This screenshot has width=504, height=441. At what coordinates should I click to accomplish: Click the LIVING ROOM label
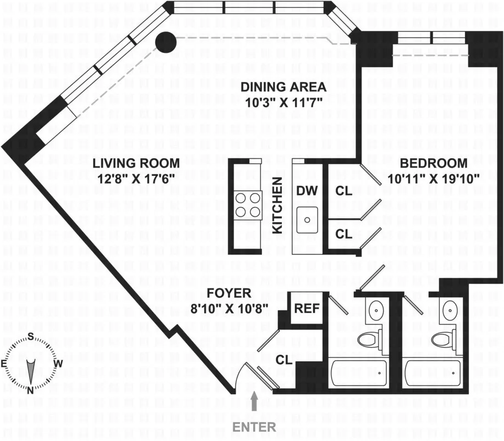135,163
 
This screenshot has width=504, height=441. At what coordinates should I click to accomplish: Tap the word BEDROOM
434,163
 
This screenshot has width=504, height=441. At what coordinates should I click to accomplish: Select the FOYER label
228,293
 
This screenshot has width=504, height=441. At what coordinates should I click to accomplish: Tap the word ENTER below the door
254,427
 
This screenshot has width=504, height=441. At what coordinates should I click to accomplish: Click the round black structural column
165,42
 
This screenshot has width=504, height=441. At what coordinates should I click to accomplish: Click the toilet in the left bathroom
368,338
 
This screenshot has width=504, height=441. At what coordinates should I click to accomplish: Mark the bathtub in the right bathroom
432,373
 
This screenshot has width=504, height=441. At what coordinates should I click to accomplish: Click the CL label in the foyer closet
283,360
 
